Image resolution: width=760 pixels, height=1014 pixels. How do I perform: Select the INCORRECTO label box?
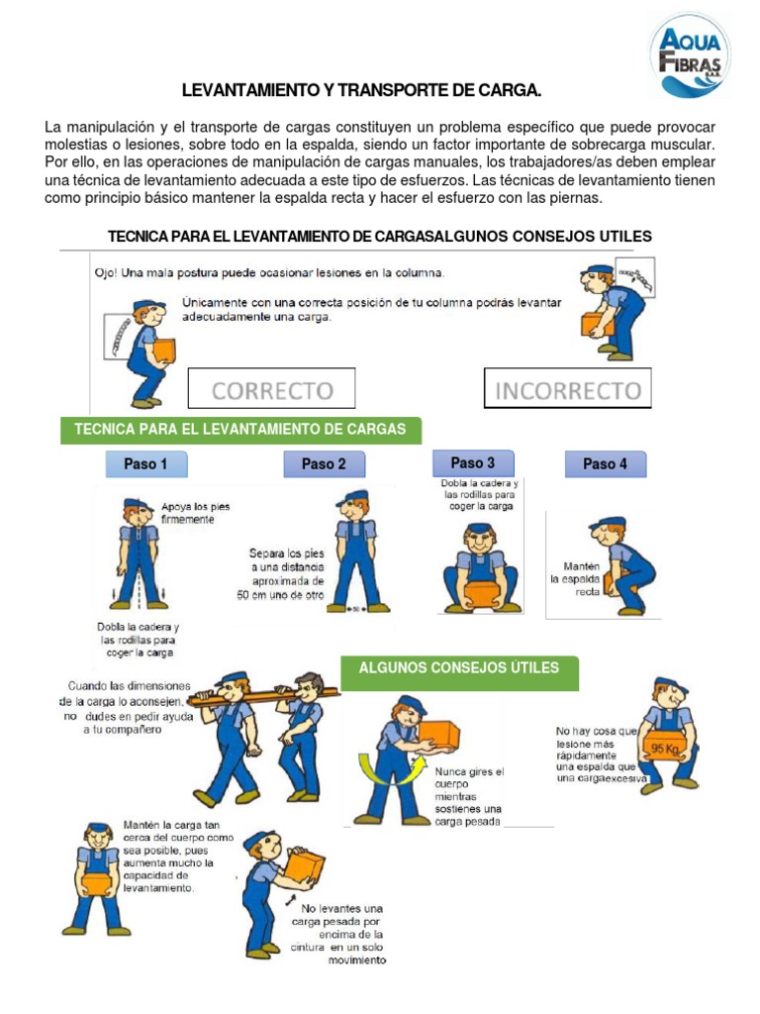[567, 388]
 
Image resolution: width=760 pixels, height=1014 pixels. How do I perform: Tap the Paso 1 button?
[145, 464]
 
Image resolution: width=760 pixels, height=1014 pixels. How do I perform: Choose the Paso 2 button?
[324, 464]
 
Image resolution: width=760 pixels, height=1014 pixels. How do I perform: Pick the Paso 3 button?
[473, 462]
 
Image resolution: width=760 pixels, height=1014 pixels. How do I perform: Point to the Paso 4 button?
[605, 464]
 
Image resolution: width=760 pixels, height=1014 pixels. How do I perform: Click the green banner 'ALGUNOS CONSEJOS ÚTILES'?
[459, 668]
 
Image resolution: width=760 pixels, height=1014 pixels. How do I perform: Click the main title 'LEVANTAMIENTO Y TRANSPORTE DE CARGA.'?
[362, 92]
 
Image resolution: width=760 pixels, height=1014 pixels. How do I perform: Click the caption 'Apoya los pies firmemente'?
[195, 512]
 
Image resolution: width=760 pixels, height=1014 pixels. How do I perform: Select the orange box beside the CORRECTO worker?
[164, 350]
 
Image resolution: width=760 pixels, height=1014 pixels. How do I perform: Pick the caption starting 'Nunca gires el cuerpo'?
[469, 795]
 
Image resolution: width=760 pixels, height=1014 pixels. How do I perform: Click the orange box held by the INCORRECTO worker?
[597, 324]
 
